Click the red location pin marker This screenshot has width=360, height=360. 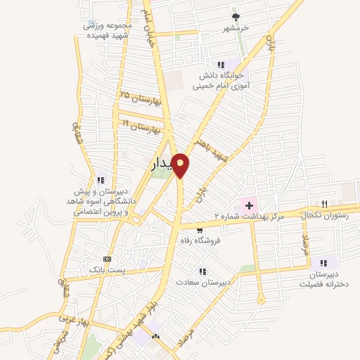pos(181,165)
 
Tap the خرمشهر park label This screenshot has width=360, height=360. pos(237,29)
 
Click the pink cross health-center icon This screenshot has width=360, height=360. pos(247,205)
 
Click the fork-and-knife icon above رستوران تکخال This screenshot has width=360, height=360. pos(324,203)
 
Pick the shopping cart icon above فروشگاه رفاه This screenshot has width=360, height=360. pos(200,229)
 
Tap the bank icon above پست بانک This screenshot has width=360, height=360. pos(106,258)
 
